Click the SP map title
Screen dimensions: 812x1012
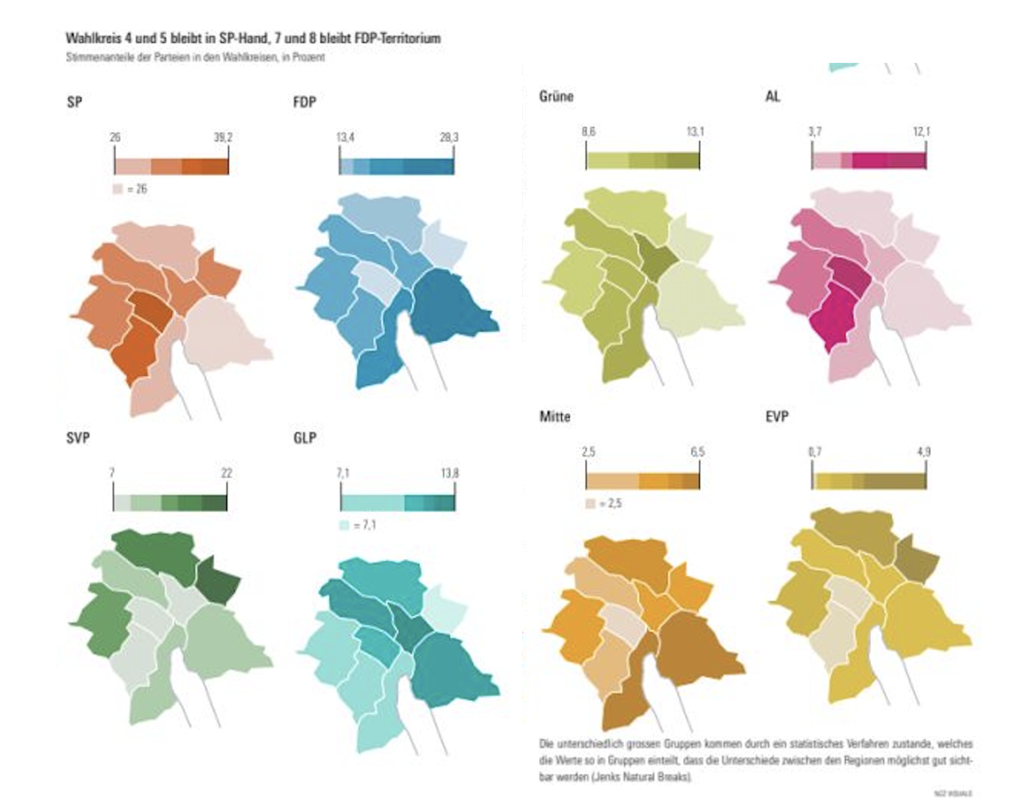click(74, 102)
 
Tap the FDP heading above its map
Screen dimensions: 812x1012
click(305, 102)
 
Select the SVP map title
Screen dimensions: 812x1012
click(78, 438)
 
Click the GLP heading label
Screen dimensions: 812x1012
click(305, 438)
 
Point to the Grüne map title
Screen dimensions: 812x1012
click(556, 96)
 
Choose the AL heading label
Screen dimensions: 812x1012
click(772, 96)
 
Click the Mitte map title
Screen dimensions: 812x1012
click(555, 416)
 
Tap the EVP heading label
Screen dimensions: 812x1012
click(777, 416)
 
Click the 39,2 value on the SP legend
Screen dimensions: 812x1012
click(223, 138)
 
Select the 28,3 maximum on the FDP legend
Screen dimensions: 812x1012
click(449, 138)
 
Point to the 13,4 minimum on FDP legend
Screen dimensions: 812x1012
click(345, 138)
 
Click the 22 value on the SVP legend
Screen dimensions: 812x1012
click(226, 473)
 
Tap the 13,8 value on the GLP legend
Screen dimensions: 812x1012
click(449, 473)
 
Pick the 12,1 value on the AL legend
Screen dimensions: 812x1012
click(921, 131)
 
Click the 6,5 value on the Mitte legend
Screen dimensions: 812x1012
click(697, 452)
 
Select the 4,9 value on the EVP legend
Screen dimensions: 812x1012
click(923, 452)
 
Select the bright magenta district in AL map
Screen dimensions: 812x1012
click(836, 318)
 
